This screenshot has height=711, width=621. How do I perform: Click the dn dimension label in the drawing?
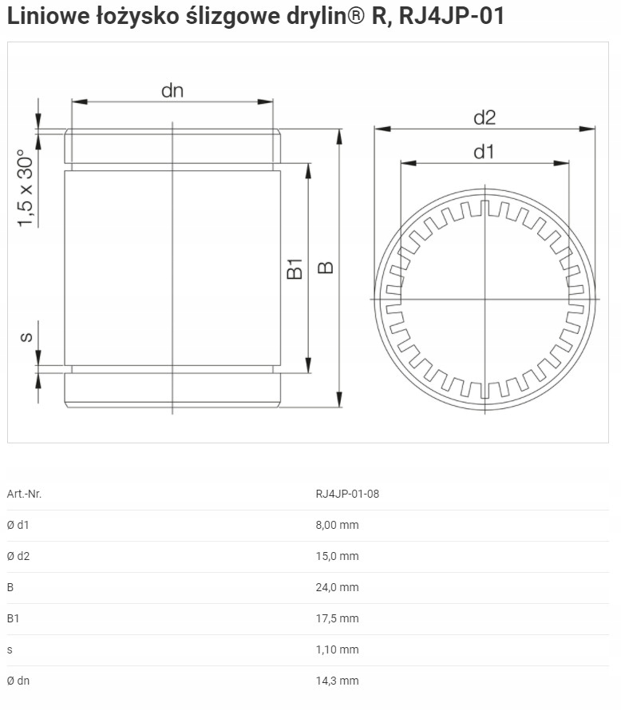point(172,90)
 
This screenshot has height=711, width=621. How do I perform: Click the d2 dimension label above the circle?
point(485,117)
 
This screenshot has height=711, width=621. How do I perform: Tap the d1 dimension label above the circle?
point(485,152)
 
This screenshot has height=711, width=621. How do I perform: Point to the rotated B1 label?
point(295,268)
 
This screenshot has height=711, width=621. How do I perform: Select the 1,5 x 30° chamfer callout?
point(26,189)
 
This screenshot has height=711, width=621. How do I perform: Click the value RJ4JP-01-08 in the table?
point(347,494)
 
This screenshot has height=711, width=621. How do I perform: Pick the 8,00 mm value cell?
point(338,525)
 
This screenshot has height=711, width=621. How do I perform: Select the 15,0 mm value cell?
point(338,556)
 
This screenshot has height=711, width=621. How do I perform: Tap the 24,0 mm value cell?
point(338,587)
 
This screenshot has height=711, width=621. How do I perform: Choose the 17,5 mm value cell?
point(338,618)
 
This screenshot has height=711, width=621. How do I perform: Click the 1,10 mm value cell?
point(338,649)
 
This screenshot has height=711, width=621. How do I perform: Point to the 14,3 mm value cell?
point(338,681)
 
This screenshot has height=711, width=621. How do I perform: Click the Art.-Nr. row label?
point(24,494)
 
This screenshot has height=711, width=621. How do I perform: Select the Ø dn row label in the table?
point(18,681)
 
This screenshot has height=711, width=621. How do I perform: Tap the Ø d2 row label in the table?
point(18,556)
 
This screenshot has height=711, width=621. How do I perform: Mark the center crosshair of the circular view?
point(485,299)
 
